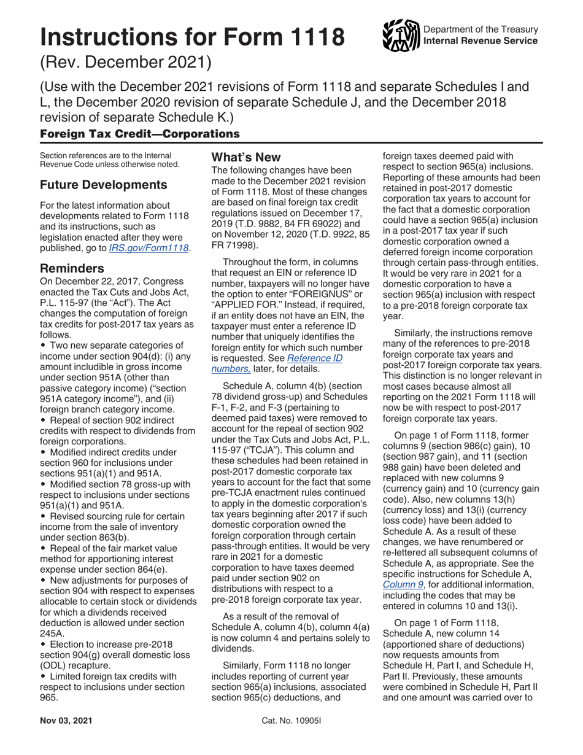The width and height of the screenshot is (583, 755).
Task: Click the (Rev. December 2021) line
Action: (125, 63)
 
